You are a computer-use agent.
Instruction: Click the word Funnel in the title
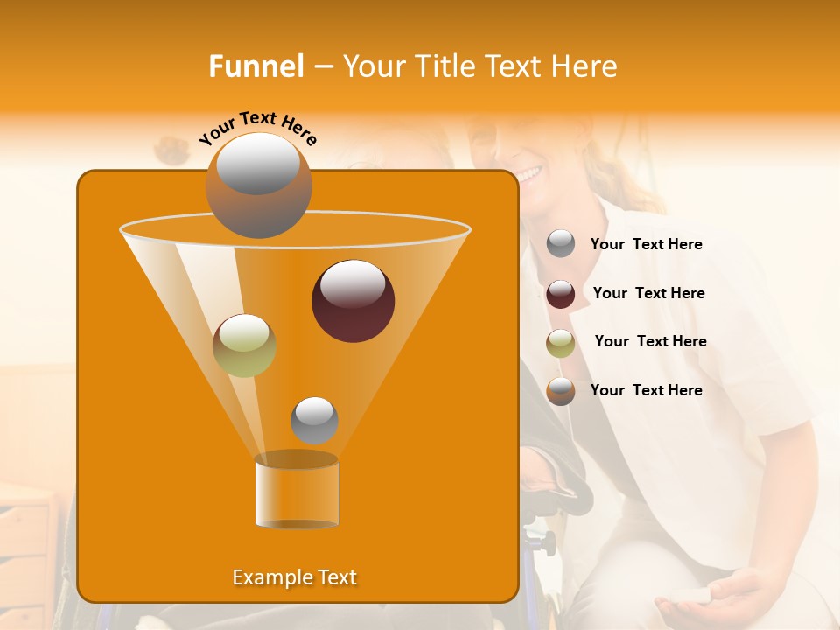point(255,66)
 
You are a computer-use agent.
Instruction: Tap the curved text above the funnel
point(257,128)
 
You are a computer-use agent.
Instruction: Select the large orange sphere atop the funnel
point(258,185)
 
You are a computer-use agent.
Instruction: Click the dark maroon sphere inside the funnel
point(353,300)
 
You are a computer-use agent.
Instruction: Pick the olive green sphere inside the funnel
point(244,345)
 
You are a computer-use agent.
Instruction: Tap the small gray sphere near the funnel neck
point(314,420)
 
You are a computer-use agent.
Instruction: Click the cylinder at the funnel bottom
point(297,490)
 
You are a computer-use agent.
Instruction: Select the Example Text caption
point(295,577)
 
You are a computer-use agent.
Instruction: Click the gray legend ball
point(561,244)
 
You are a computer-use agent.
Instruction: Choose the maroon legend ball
point(561,294)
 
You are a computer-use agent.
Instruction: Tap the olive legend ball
point(561,343)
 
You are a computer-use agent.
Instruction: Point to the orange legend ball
point(561,391)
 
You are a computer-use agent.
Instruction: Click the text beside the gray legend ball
point(646,245)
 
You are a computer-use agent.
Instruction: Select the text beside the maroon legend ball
point(648,294)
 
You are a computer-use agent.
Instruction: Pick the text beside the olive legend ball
point(650,342)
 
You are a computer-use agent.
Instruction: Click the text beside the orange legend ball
point(646,391)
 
